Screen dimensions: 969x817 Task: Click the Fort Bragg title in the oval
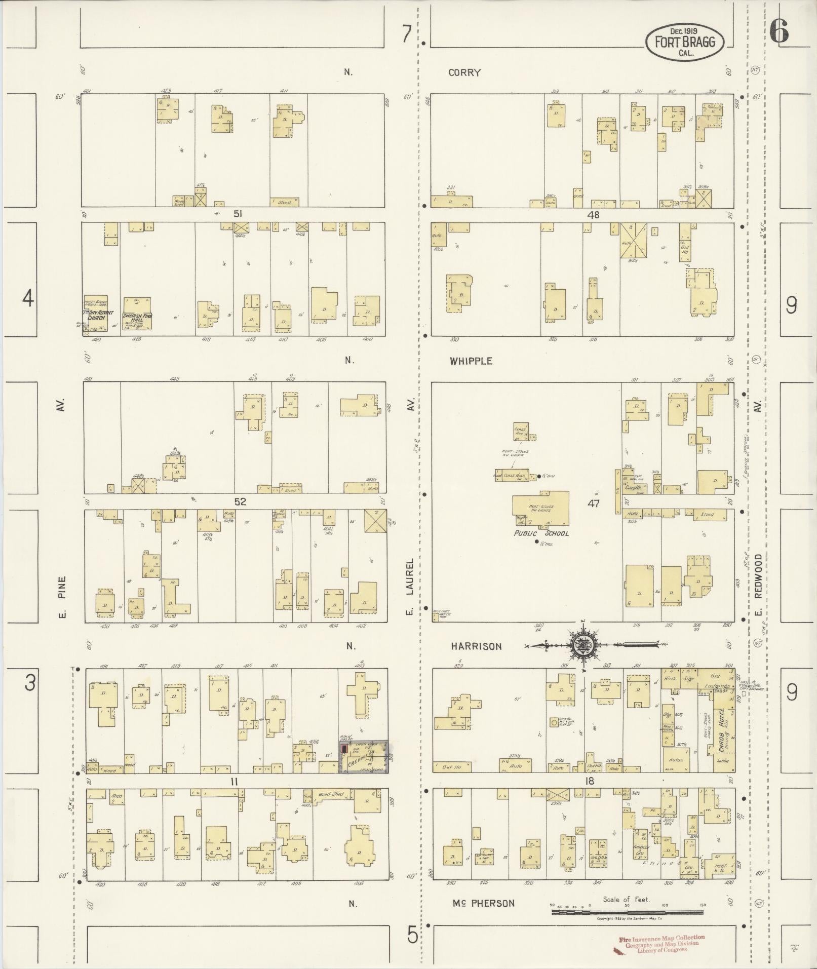point(685,42)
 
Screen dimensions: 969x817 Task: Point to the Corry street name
point(464,72)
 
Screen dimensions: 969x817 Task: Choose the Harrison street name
point(477,646)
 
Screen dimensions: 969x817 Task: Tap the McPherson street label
point(484,903)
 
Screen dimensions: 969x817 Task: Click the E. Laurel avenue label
point(410,586)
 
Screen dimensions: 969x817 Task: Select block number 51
point(237,214)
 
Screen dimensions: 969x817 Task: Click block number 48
point(593,215)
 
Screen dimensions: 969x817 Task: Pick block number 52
point(240,501)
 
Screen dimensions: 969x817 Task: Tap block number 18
point(590,781)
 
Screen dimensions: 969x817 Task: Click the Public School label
point(541,533)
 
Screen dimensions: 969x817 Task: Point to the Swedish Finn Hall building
point(137,317)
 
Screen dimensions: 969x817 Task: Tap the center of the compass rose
point(583,645)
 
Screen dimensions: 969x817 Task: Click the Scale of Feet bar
point(627,912)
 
